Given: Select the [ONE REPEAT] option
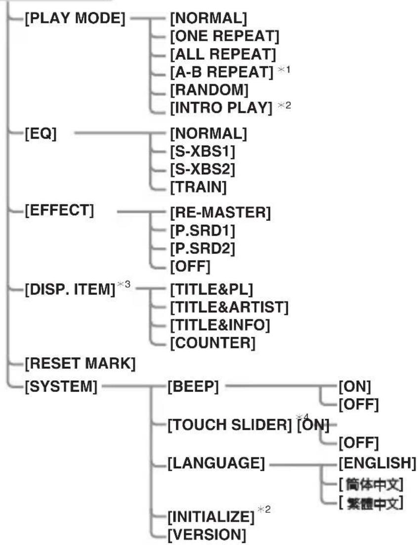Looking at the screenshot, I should [x=224, y=37].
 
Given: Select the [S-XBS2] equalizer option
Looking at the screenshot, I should [x=202, y=169].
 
